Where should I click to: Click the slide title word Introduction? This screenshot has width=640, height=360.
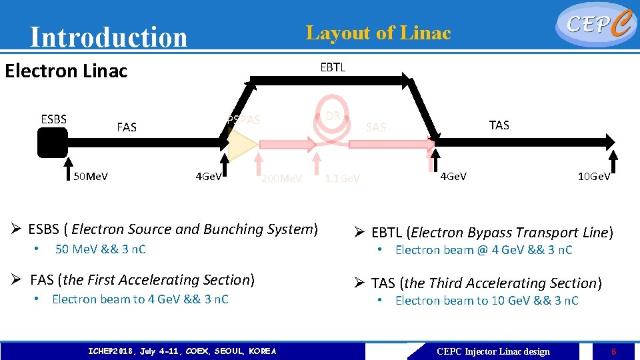(x=109, y=37)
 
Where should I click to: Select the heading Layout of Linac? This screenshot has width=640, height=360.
(x=378, y=33)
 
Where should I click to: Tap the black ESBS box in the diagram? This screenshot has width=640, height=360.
(x=53, y=142)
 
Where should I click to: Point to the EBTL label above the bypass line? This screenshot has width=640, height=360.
(x=333, y=67)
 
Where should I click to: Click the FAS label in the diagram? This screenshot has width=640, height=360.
(x=126, y=127)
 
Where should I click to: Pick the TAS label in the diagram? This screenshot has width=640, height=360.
(x=499, y=125)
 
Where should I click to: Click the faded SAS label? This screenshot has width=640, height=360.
(x=376, y=127)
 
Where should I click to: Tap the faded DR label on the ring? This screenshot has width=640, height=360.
(x=333, y=116)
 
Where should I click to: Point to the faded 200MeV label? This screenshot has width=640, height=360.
(x=281, y=178)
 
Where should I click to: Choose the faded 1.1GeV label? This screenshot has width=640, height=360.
(x=342, y=178)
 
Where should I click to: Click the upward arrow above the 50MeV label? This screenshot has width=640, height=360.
(x=69, y=167)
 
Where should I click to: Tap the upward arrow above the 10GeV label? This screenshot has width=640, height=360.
(x=615, y=165)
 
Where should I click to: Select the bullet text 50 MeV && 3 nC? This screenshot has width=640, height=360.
(x=100, y=249)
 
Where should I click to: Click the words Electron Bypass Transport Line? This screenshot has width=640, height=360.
(x=510, y=233)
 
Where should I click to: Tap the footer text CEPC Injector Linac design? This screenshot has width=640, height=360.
(x=493, y=351)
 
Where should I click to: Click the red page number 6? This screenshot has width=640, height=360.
(x=613, y=351)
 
